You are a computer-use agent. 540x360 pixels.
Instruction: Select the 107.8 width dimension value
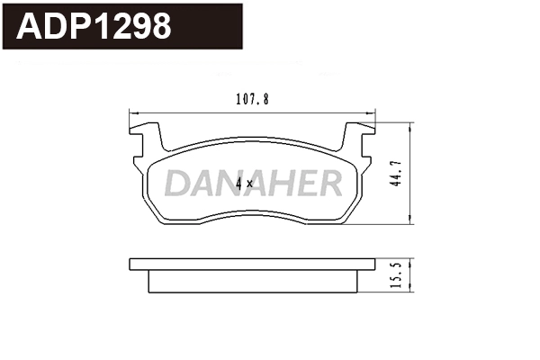pos(251,101)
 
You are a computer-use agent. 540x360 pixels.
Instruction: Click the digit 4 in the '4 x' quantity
pos(238,184)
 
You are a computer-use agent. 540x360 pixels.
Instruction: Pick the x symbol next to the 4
pos(251,184)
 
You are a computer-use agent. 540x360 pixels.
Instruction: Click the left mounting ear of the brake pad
pos(147,139)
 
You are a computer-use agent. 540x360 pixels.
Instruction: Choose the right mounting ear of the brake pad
pos(359,139)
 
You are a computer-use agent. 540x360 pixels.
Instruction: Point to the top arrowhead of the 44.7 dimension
pos(411,127)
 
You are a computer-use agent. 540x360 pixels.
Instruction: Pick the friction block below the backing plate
pos(252,281)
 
